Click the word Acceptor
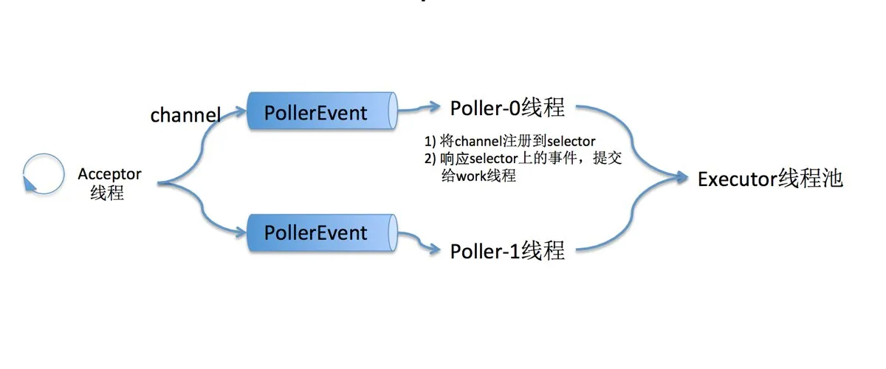[109, 174]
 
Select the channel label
[185, 115]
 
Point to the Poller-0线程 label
[507, 108]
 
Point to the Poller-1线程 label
[507, 251]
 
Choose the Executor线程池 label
[770, 179]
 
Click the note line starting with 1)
[509, 140]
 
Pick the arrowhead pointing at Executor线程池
[684, 177]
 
